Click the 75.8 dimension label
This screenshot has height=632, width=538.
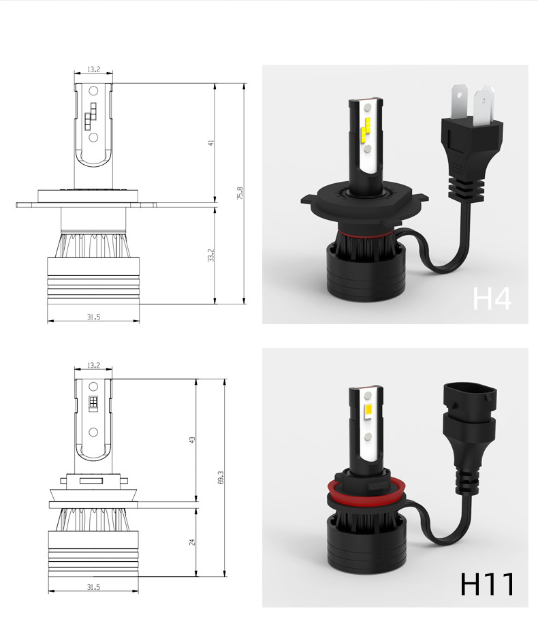pos(240,193)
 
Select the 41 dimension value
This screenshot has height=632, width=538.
pos(210,143)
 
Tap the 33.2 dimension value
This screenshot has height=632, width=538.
pos(210,255)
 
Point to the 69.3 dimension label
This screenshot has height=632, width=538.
pos(221,477)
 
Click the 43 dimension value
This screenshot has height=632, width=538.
pos(192,440)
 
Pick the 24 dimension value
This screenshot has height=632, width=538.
pos(192,542)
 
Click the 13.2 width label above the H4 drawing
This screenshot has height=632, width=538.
pos(93,69)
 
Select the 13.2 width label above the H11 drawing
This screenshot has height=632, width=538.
pos(93,365)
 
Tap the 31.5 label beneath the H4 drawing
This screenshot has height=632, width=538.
pos(93,317)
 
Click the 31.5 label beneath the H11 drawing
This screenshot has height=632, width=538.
pos(93,587)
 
